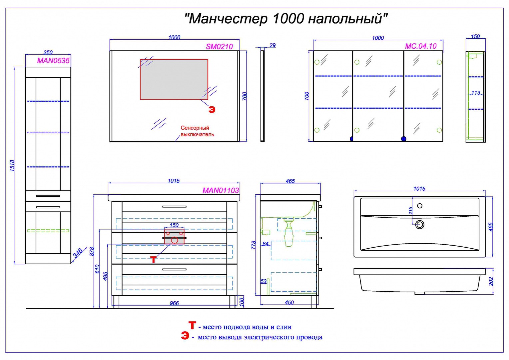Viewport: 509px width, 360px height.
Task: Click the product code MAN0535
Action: tap(53, 61)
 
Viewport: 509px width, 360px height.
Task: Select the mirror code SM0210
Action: tap(219, 47)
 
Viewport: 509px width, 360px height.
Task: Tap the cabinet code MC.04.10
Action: tap(420, 46)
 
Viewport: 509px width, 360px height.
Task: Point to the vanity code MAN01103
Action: tap(221, 190)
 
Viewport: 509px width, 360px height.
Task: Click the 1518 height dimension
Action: tap(12, 166)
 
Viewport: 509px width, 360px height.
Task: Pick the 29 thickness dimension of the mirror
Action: tap(272, 45)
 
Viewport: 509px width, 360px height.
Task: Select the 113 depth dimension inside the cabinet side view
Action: tap(476, 93)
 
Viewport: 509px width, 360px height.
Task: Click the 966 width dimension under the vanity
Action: tap(174, 303)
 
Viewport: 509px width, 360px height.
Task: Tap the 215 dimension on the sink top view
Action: tap(410, 211)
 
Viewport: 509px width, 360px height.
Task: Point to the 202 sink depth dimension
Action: tap(491, 281)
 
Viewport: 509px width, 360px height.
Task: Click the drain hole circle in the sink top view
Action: tap(420, 225)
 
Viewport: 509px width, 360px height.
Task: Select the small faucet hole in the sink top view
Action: tap(420, 206)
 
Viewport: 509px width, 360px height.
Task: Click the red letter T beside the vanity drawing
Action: tap(153, 259)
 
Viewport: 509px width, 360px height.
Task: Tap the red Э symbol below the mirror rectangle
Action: tap(212, 110)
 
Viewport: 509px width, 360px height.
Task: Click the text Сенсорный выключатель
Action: tap(197, 131)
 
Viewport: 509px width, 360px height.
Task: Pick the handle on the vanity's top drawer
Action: tap(174, 207)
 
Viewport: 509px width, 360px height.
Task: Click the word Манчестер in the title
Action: tap(229, 19)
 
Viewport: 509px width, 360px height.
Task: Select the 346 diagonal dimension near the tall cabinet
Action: tap(78, 253)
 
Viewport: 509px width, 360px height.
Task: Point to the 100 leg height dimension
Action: tap(242, 302)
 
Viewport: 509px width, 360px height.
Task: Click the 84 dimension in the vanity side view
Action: tap(265, 244)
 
